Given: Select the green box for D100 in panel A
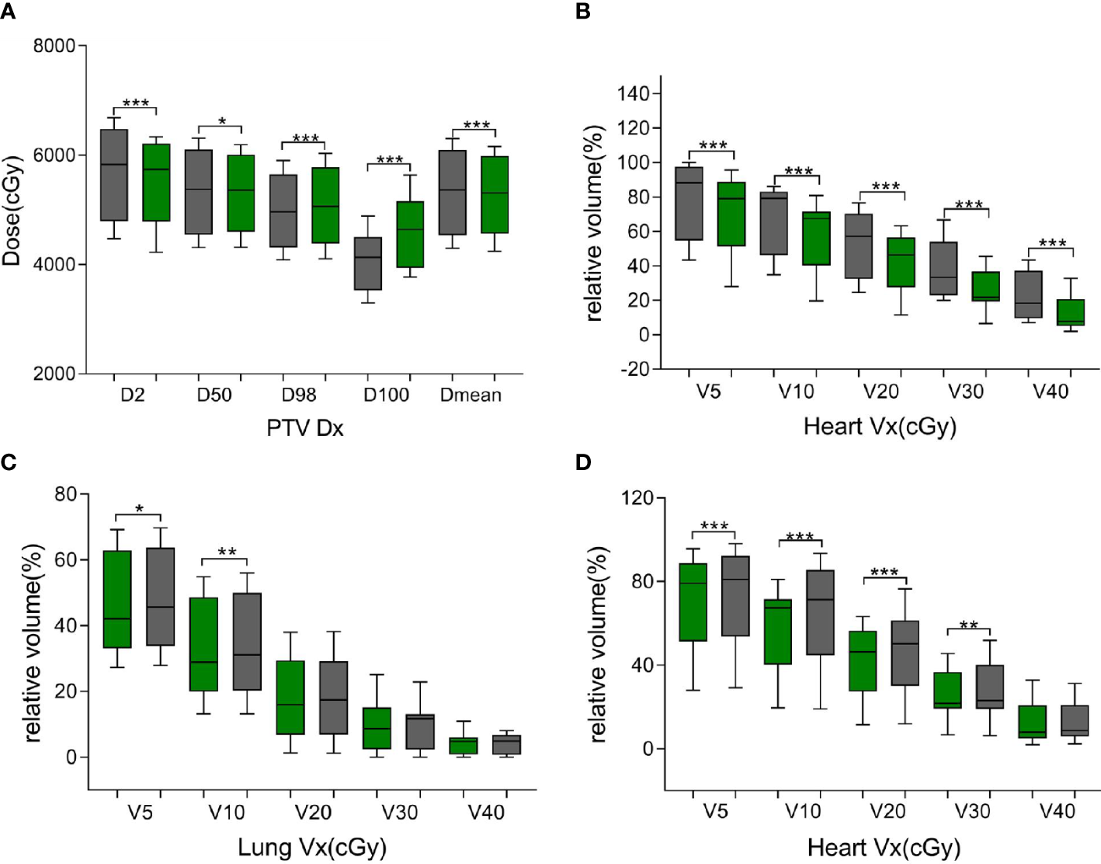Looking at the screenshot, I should pos(410,235).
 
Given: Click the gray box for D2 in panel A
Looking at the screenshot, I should pos(114,175).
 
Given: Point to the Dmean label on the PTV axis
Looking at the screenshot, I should pos(471,395).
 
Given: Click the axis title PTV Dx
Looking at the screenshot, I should pos(304,428).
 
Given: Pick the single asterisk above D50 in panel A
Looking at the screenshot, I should pos(221,122).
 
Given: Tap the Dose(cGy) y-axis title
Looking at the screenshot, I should pos(12,210).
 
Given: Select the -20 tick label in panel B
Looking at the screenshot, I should pos(634,369).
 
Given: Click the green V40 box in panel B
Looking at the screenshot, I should pos(1071,312).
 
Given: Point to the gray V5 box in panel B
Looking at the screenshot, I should pos(689,204).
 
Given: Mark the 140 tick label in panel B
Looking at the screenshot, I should pos(634,94).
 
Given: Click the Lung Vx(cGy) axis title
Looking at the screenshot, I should pos(311,847).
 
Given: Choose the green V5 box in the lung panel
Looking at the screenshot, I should pos(117,599).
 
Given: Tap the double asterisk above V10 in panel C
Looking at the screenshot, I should pos(227,552).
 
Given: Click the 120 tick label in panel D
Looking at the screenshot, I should pos(637,497).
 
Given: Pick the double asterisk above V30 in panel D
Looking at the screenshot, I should pos(968,625).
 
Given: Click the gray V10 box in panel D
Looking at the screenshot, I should pos(821,612).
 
